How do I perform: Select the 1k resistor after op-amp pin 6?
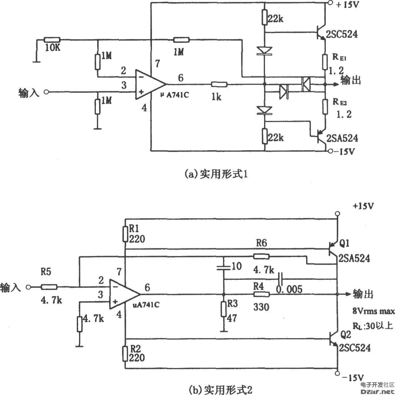(219, 85)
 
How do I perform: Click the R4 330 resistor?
(262, 295)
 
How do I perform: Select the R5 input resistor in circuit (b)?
(49, 287)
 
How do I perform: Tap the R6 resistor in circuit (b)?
(261, 257)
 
